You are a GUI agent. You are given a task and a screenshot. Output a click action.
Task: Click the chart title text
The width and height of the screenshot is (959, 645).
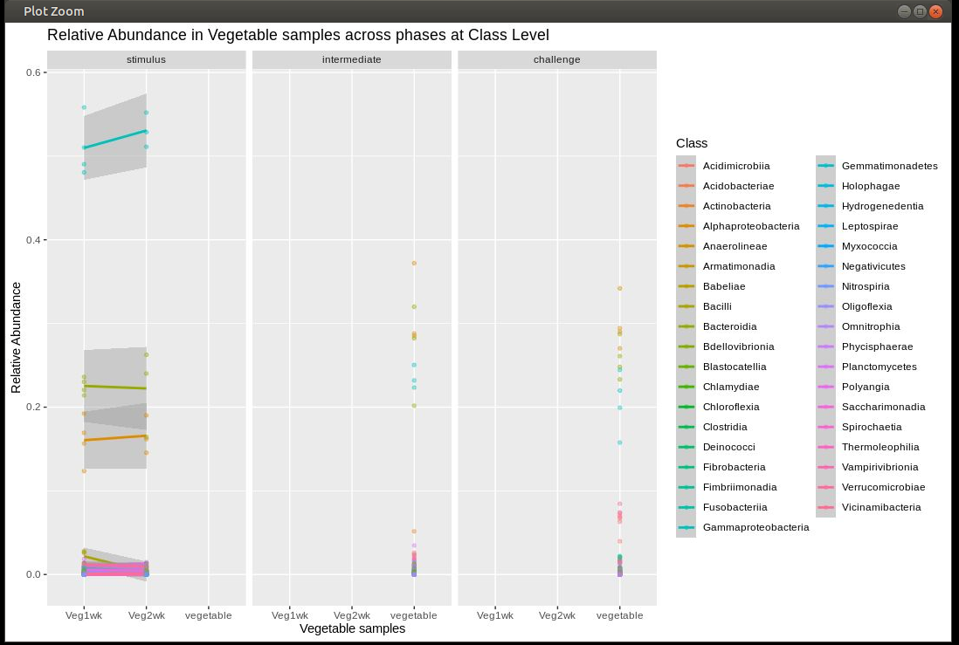pos(298,36)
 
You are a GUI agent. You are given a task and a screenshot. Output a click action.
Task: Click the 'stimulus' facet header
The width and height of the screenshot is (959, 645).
pos(146,60)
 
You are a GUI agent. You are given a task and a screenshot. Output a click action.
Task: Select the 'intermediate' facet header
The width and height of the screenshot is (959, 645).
pos(351,60)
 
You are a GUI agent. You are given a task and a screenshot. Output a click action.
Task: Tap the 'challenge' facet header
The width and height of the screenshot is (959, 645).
pos(556,60)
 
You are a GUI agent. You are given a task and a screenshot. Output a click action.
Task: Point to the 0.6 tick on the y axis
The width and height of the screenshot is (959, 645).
pos(36,72)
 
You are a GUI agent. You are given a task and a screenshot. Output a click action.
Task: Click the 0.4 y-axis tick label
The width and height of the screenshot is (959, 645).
pos(36,240)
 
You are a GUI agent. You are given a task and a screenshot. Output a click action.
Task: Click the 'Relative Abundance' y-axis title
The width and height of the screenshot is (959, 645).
pos(16,337)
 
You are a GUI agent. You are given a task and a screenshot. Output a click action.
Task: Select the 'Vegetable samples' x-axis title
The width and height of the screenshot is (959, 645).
pos(352,628)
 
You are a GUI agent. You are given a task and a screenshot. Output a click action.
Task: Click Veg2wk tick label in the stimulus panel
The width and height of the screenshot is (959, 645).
pos(146,615)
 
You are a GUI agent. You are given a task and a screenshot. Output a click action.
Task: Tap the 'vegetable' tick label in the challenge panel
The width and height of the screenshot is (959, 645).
pos(619,615)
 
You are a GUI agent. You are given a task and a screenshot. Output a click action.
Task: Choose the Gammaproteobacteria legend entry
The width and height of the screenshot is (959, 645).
pos(755,527)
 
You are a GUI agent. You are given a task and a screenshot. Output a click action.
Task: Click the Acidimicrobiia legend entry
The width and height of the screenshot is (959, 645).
pos(736,166)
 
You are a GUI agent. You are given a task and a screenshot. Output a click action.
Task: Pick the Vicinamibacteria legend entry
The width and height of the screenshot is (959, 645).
pos(880,507)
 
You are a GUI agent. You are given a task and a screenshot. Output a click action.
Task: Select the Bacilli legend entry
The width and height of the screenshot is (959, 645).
pos(717,306)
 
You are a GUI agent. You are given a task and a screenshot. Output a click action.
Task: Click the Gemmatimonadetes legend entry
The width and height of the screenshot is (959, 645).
pos(889,166)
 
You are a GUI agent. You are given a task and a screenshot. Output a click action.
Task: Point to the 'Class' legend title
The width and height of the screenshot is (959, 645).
pos(692,143)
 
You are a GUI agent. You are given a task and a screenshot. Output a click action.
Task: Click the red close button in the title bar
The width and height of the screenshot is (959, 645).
pos(935,11)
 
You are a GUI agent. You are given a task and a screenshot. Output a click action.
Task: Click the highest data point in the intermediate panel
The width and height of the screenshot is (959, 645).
pos(414,263)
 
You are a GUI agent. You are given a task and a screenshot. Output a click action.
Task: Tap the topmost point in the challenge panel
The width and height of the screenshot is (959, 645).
pos(619,288)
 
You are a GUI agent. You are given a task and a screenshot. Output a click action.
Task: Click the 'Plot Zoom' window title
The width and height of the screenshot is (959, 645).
pos(53,11)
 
